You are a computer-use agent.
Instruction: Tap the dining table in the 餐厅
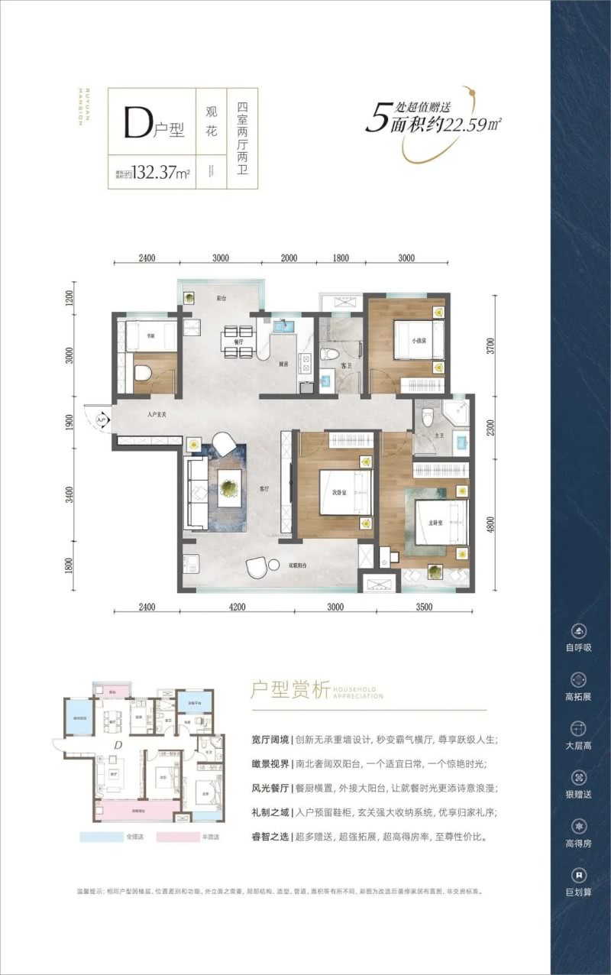238,342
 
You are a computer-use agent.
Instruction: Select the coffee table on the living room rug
229,485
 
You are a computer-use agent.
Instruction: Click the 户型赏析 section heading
289,691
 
